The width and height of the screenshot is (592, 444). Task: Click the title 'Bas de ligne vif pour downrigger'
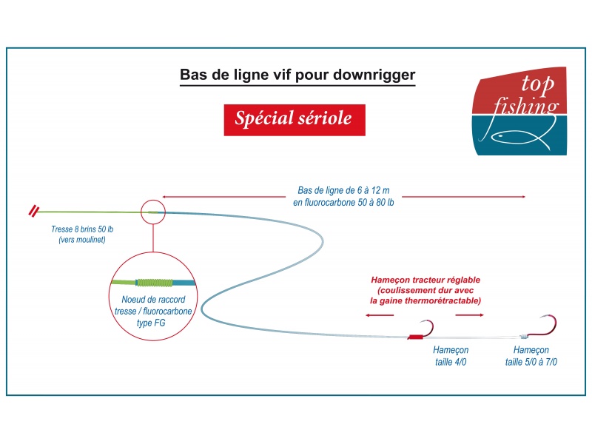pos(297,76)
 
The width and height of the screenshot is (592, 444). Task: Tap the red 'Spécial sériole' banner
pos(294,118)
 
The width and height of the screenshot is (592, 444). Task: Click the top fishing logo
pos(520,111)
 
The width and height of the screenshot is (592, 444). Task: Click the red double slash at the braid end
pos(33,210)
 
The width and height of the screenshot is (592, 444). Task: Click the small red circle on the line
pos(152,212)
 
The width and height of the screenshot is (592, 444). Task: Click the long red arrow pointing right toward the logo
pos(465,196)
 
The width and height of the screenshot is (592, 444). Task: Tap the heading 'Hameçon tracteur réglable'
pos(425,280)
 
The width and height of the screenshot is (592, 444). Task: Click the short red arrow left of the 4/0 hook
pos(380,315)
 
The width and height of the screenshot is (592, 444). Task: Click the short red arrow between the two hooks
pos(468,315)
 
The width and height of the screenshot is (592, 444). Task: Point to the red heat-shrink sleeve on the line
pos(415,337)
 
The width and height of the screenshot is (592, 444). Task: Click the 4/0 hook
pos(427,329)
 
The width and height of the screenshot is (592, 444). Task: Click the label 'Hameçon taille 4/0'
pos(451,356)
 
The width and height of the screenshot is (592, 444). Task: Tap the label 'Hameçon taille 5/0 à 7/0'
pos(531,356)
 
